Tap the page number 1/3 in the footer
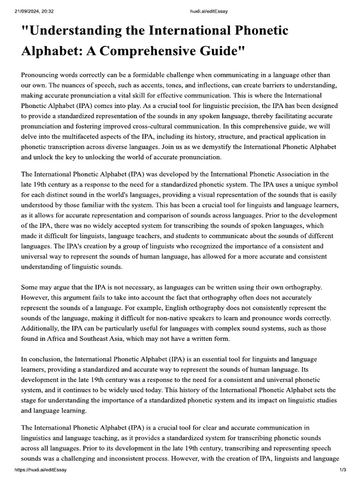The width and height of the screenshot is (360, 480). (342, 470)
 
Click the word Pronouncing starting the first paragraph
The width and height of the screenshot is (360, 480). (42, 75)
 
